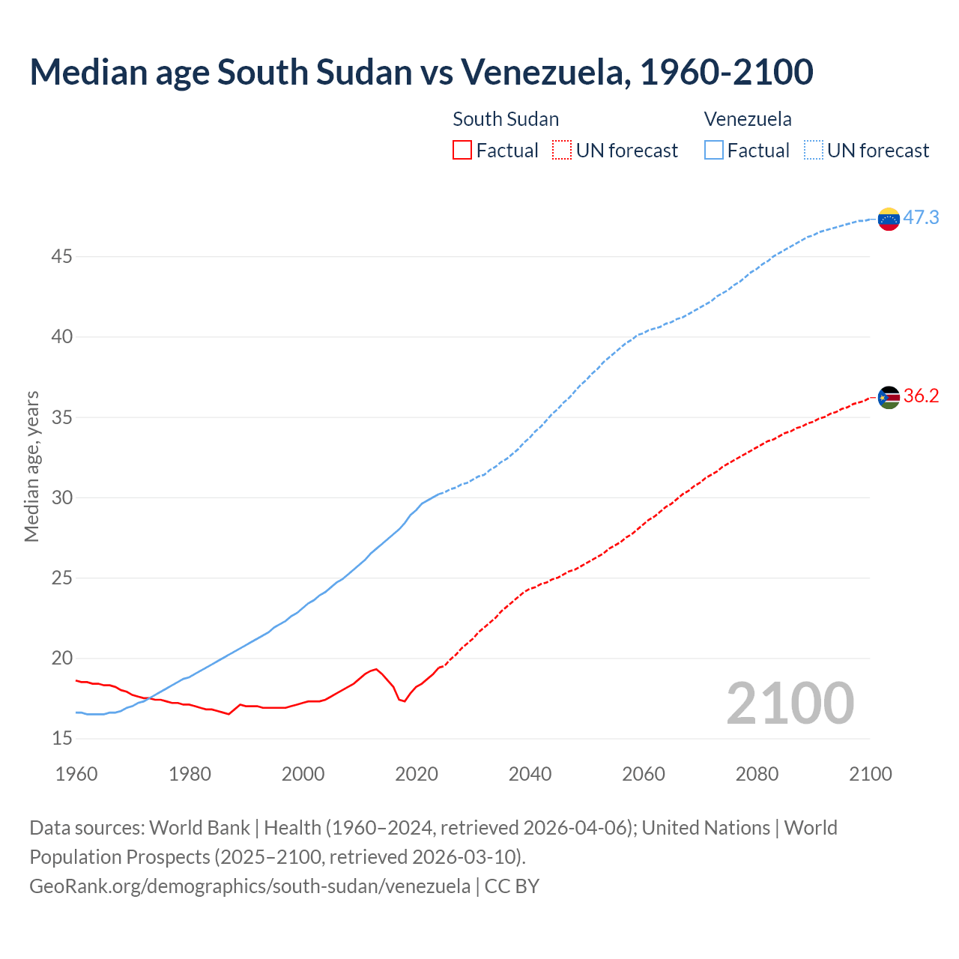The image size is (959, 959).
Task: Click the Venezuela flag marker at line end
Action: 889,219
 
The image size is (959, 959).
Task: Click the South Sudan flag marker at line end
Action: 889,397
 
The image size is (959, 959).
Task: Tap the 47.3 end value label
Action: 921,218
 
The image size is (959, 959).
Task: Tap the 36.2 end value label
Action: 921,396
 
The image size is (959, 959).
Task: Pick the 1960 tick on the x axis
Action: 76,774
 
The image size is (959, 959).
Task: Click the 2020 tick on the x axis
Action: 417,774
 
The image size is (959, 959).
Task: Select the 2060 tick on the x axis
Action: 644,774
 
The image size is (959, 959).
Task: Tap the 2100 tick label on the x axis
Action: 871,774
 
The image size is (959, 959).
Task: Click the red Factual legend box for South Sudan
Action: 462,151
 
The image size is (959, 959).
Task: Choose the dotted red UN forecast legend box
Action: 562,151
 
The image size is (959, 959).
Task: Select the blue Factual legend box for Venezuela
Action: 714,151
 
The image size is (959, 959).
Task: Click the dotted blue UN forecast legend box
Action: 813,151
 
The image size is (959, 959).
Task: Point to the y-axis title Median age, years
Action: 31,466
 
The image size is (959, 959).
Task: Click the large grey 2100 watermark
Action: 790,703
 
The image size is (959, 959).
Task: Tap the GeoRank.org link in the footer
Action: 249,886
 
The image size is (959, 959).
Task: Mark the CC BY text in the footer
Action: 512,886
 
